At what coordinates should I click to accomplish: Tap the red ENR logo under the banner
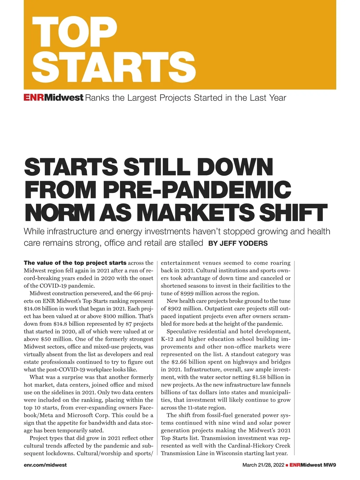34,98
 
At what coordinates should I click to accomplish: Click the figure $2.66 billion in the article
186,362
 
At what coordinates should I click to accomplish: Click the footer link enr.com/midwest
45,465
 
